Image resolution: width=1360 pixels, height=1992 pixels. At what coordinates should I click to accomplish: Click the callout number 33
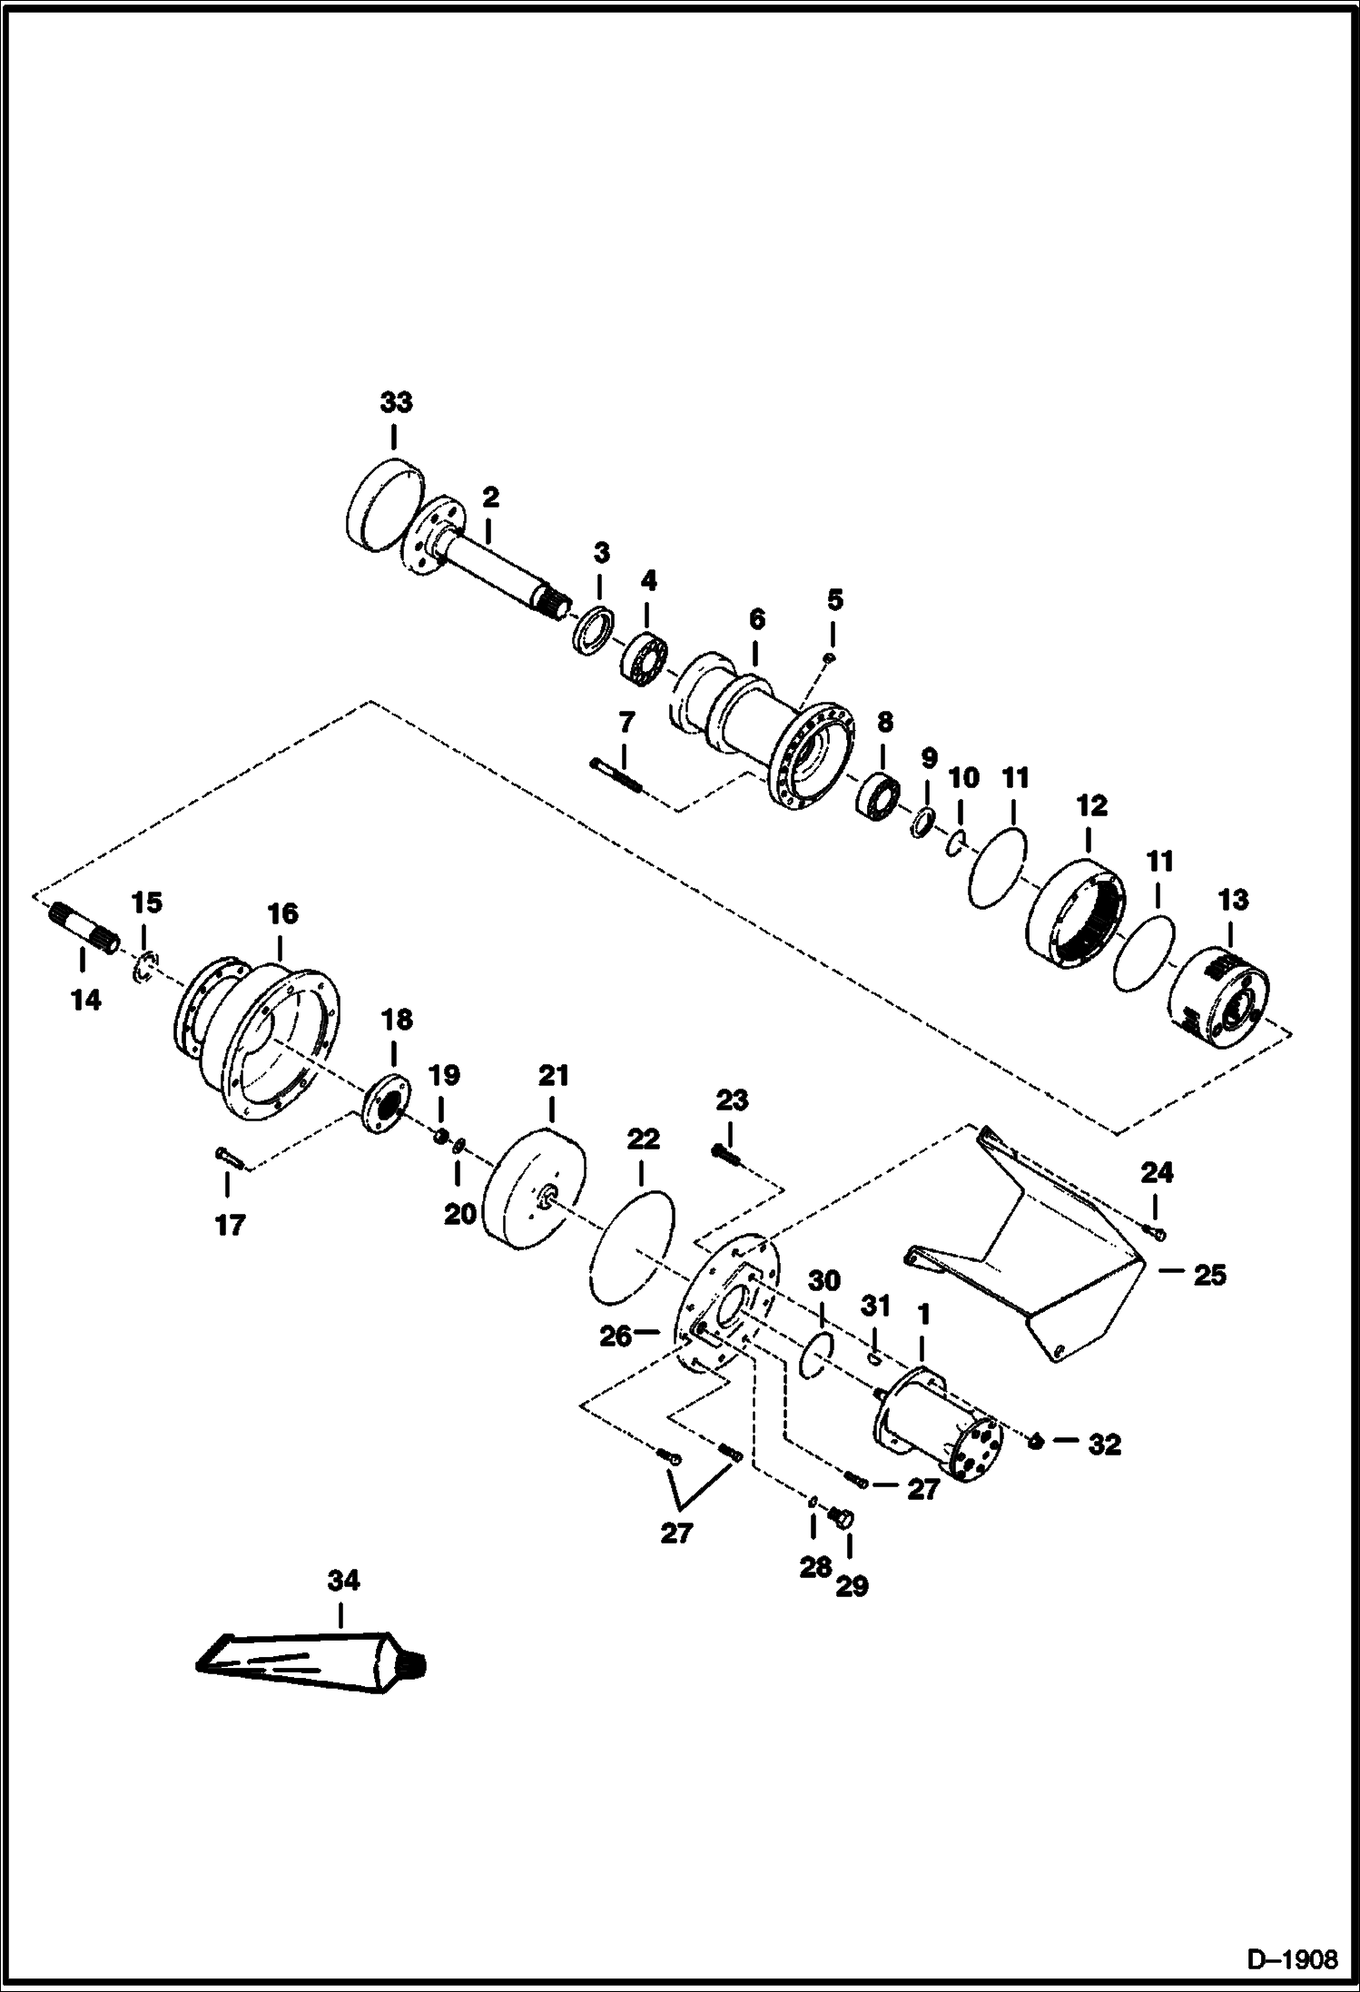(396, 401)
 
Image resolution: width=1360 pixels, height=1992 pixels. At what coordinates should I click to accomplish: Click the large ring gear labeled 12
(1077, 912)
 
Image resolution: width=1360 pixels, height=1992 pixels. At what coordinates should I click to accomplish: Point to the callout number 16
(282, 913)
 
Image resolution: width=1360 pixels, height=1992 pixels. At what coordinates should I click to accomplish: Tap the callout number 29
(852, 1585)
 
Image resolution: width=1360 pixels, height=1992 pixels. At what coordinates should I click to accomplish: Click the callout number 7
(626, 723)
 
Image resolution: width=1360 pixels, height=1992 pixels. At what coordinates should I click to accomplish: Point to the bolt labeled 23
(725, 1153)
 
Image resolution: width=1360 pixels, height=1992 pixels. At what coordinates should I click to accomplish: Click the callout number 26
(615, 1336)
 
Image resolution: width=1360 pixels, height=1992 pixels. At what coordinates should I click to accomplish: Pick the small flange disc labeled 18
(385, 1103)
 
